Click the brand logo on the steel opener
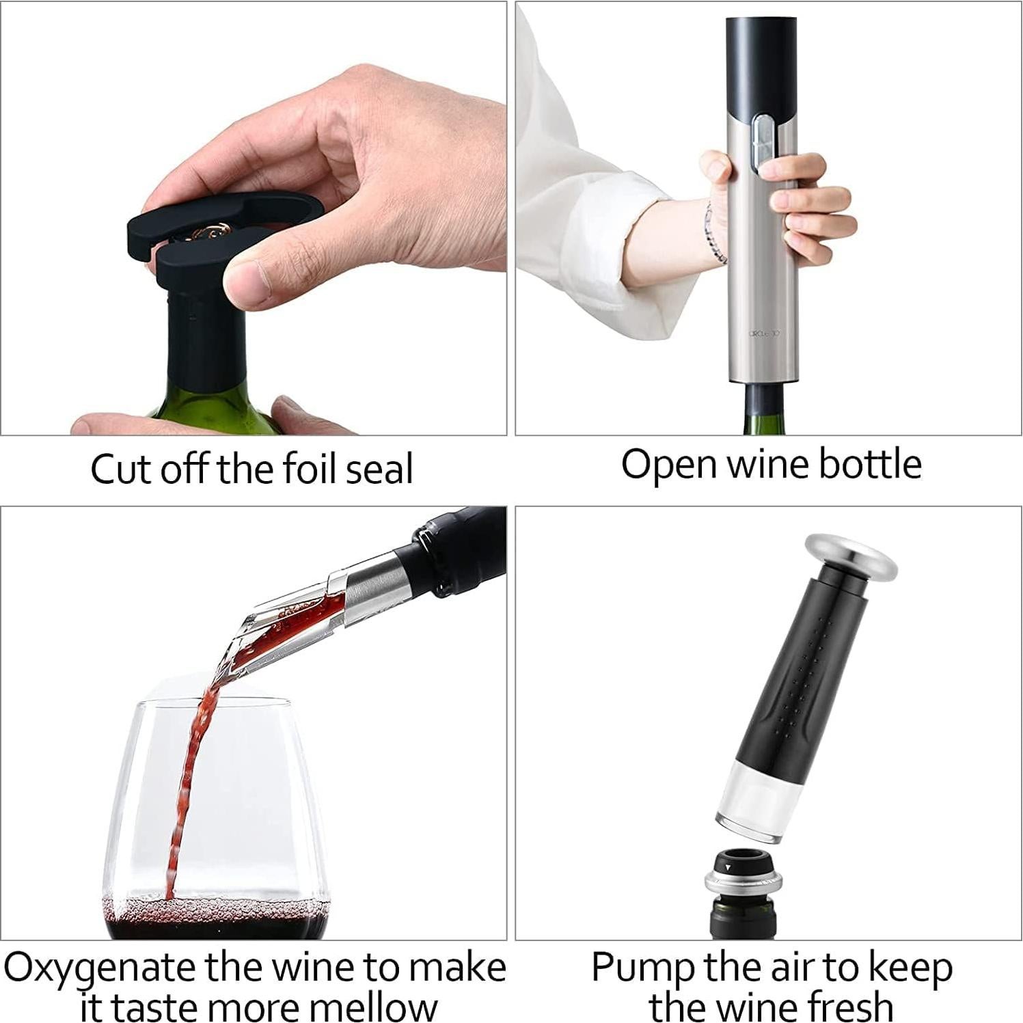coord(763,333)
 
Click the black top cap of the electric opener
coord(761,62)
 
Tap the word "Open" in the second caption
coord(670,465)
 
